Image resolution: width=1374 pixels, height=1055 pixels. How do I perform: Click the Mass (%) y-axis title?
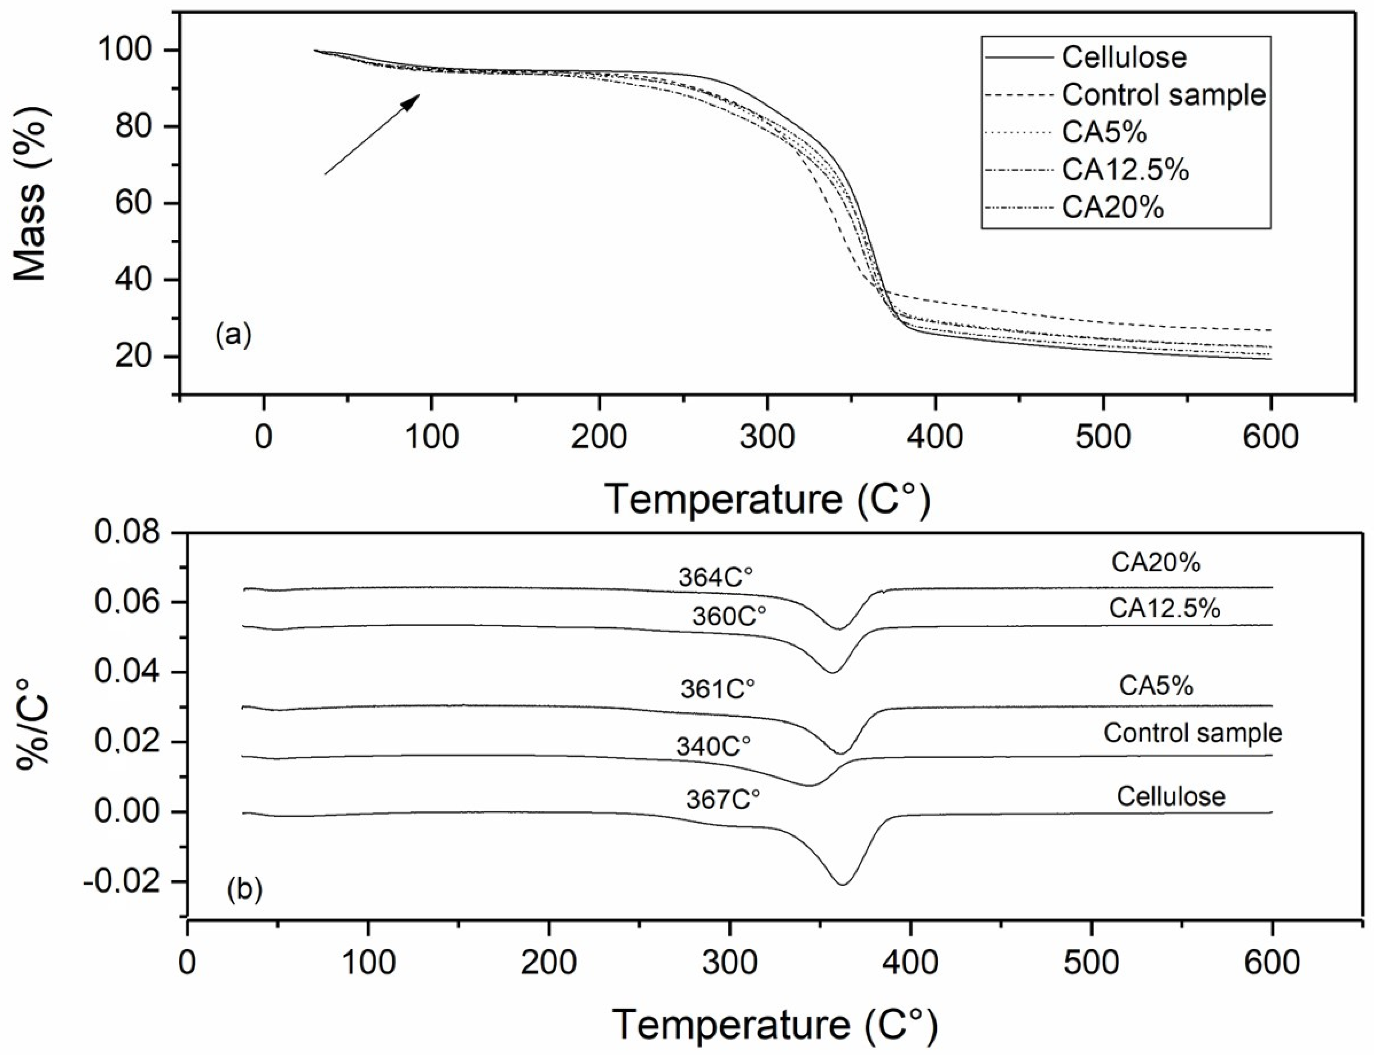(30, 193)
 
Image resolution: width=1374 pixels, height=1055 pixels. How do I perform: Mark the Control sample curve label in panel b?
(1192, 733)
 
